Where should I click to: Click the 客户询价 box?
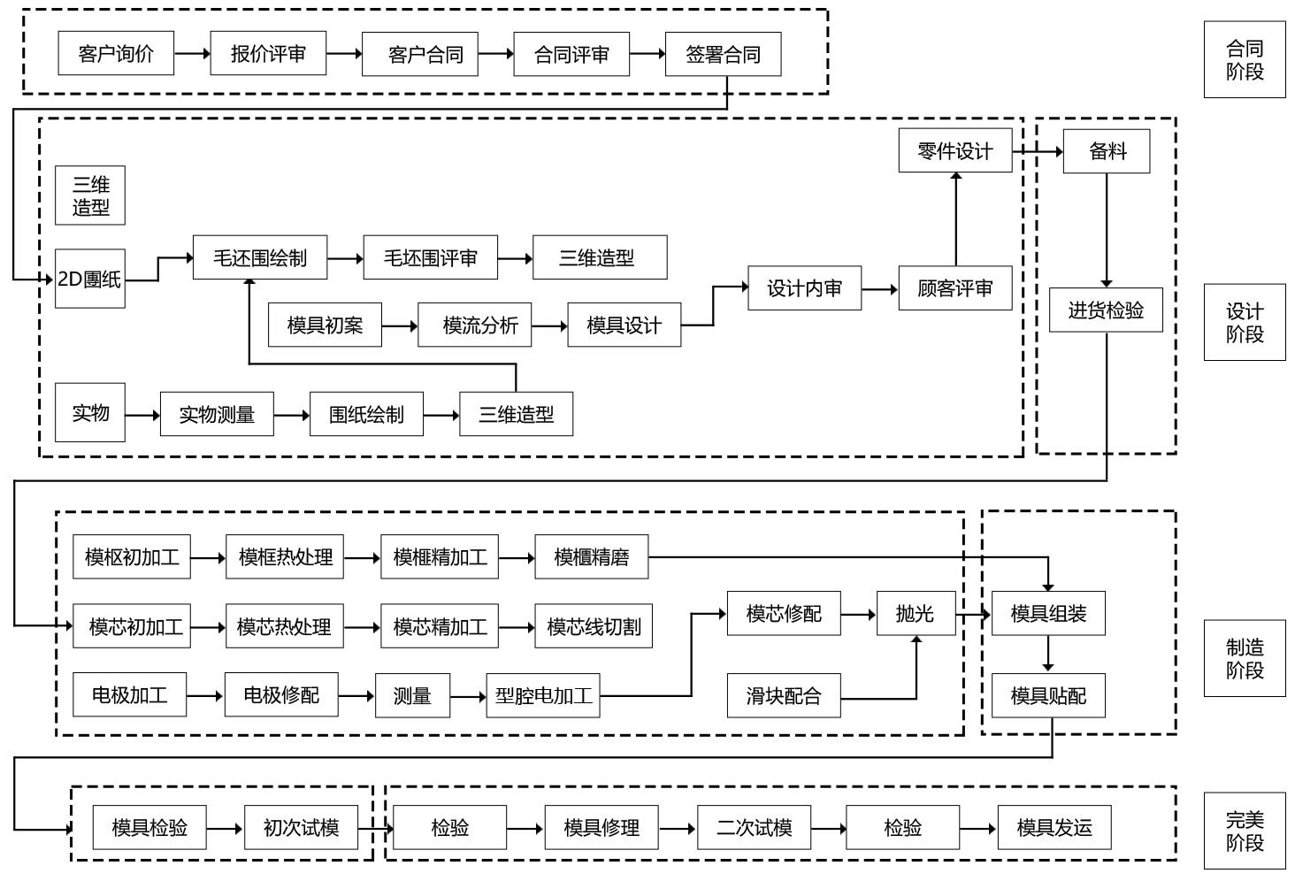(x=116, y=54)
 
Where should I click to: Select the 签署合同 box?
(x=723, y=54)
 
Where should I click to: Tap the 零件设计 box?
(x=954, y=150)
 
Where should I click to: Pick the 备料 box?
(x=1107, y=150)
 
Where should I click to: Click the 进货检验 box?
(x=1106, y=310)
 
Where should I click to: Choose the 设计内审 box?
(x=804, y=288)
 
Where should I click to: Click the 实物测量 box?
(x=216, y=414)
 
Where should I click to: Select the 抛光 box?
(x=916, y=613)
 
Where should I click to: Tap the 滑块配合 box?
(x=784, y=695)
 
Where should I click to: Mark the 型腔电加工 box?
(x=543, y=695)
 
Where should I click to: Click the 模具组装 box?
(x=1048, y=613)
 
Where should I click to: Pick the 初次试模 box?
(x=301, y=828)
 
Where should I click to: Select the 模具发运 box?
(x=1054, y=828)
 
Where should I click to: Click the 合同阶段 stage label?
(x=1244, y=60)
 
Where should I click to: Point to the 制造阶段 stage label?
(x=1244, y=658)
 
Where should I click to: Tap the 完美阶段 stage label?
(x=1244, y=831)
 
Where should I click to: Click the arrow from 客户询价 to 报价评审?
(x=192, y=54)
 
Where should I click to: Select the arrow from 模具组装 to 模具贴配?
(x=1048, y=655)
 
